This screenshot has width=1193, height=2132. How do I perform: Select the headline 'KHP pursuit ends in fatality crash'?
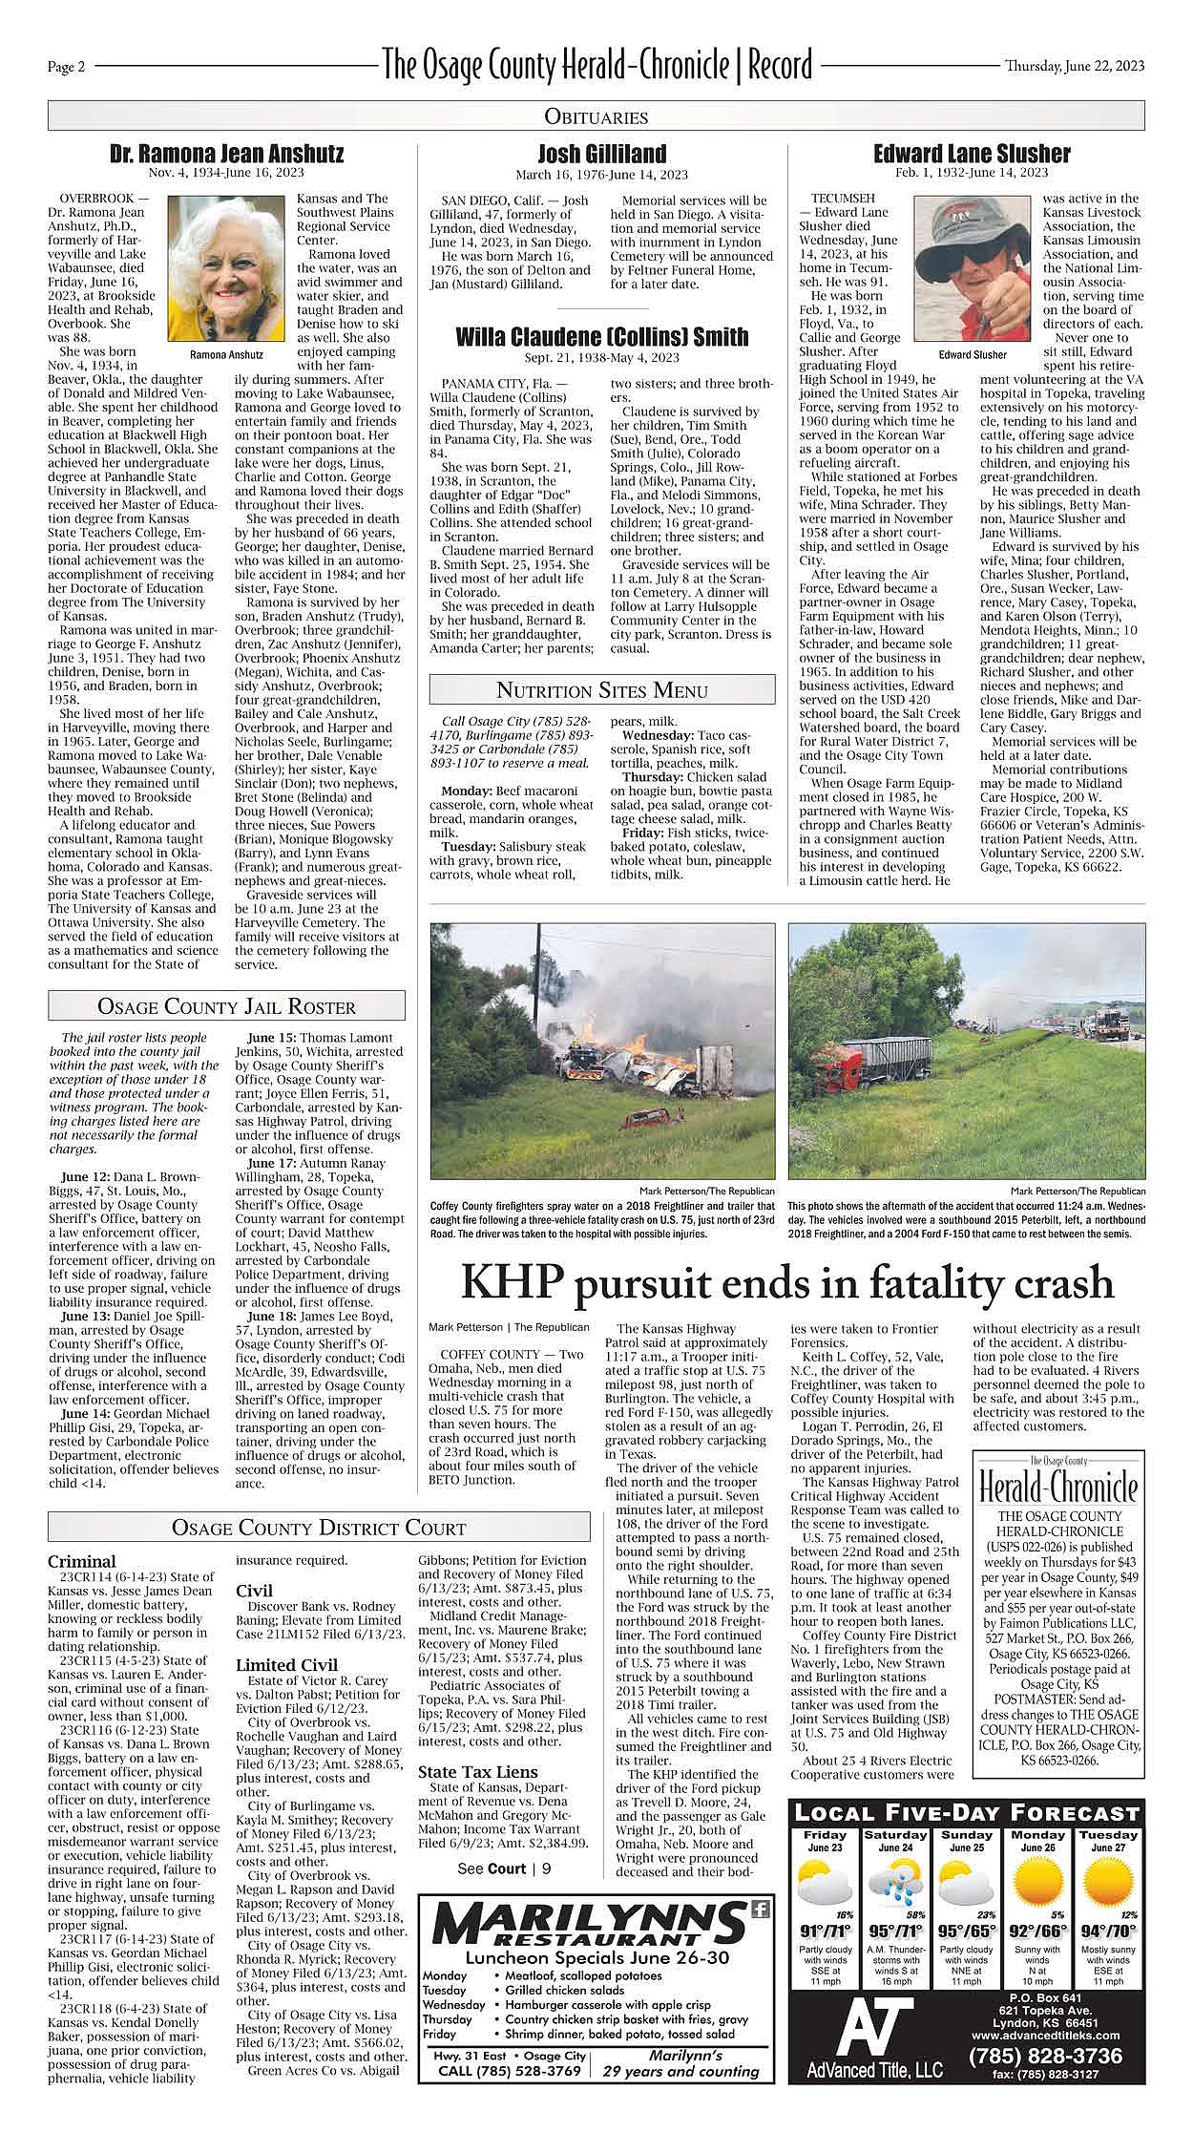786,1283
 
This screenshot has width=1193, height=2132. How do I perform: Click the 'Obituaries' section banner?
596,116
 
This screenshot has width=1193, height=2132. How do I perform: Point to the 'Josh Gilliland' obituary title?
601,154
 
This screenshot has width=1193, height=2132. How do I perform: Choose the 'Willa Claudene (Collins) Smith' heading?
601,337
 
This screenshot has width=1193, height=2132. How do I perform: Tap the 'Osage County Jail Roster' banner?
226,1006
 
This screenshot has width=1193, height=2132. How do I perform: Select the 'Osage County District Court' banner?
318,1528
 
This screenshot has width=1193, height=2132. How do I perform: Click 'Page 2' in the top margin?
67,67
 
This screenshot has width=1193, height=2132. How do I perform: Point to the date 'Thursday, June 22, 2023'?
1074,66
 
